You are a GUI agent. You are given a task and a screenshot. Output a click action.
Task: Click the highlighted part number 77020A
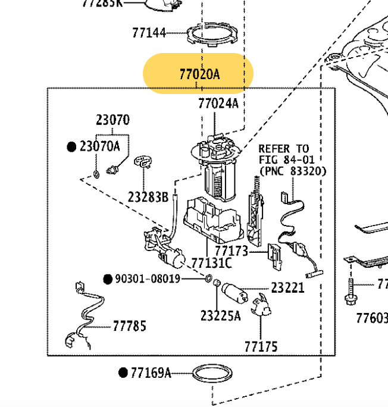[199, 74]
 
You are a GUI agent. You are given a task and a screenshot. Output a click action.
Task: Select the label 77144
[149, 33]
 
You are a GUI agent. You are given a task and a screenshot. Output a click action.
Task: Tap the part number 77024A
[218, 104]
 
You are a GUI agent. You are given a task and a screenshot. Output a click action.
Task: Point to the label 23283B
[148, 196]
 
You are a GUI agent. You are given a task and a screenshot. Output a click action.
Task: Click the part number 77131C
[211, 262]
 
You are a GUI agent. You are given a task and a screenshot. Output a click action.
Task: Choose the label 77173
[231, 252]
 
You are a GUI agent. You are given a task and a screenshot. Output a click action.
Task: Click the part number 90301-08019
[148, 278]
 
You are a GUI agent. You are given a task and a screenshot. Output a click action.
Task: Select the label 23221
[287, 288]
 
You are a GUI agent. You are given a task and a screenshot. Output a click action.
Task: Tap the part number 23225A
[220, 315]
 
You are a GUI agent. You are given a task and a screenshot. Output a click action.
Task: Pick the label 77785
[129, 326]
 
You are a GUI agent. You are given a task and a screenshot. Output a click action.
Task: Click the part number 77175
[261, 346]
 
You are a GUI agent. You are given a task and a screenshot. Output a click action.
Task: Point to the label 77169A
[151, 373]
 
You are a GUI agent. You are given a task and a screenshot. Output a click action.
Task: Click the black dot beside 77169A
[123, 373]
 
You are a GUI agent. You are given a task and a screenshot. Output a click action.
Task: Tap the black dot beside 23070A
[72, 146]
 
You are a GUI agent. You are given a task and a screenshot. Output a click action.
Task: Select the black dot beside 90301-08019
[108, 278]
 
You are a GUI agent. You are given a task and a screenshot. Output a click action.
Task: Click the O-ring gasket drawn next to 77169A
[211, 375]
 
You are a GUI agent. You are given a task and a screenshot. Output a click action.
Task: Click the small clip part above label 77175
[260, 307]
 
